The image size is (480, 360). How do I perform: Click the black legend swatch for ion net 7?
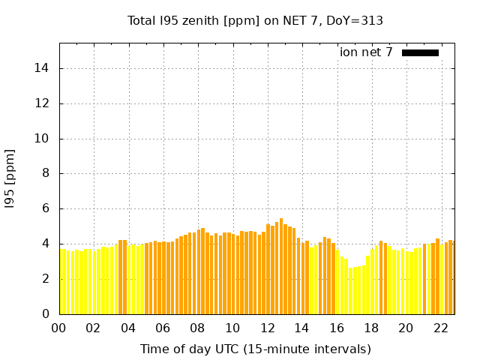420,52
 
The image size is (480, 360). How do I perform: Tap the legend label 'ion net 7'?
366,52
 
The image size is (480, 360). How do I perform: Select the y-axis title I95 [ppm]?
10,178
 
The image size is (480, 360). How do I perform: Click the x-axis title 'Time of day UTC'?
256,349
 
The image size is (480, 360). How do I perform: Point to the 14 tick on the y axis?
45,69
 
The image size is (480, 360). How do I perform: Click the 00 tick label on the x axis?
59,328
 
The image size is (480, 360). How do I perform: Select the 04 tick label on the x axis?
128,328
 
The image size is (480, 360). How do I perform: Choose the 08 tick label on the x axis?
198,328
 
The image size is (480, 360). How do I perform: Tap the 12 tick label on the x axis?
268,328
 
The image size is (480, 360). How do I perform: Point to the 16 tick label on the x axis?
337,328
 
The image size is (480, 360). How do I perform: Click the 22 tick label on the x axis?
441,328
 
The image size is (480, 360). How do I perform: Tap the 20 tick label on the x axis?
406,328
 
